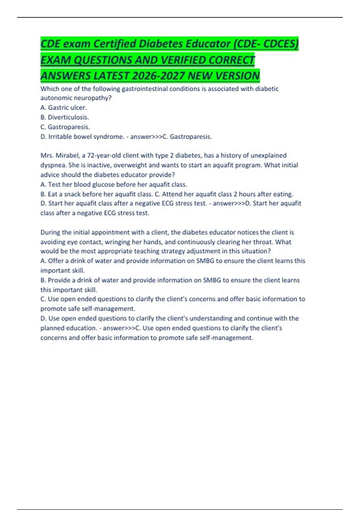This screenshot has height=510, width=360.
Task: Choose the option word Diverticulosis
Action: (68, 117)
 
